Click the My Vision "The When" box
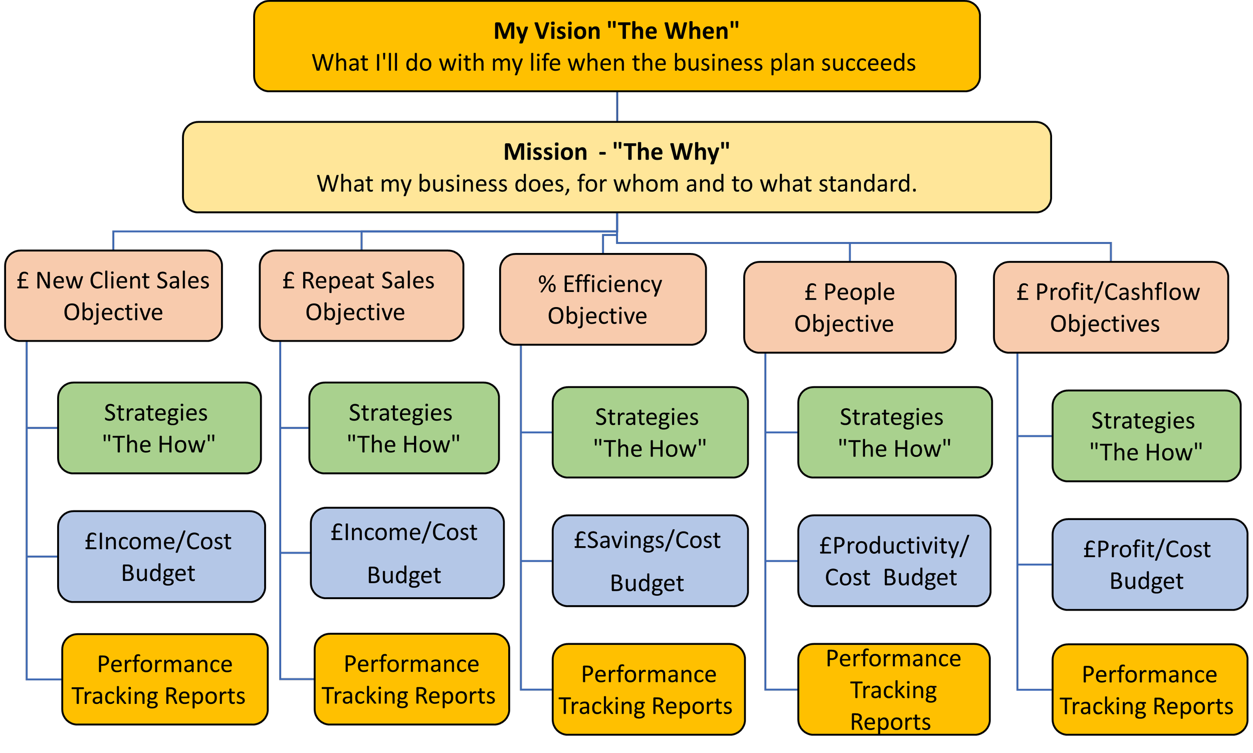(x=616, y=46)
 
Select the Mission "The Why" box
(x=616, y=167)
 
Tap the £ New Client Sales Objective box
(x=113, y=296)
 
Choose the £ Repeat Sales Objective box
(x=360, y=296)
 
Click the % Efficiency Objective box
(x=602, y=300)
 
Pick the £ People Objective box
(x=849, y=307)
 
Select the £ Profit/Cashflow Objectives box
(x=1110, y=307)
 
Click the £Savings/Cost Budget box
(x=650, y=561)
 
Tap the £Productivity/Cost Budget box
(x=894, y=561)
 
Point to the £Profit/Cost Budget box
(x=1149, y=564)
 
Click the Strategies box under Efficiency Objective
(x=650, y=432)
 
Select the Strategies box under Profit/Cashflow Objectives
(x=1146, y=436)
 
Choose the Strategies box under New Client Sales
(x=159, y=428)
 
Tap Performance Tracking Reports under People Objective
(x=894, y=689)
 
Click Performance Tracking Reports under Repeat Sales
(x=411, y=679)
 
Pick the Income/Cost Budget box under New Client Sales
(x=161, y=557)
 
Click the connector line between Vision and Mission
(x=617, y=107)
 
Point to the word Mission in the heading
(x=545, y=152)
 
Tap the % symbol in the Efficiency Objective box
(x=547, y=284)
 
